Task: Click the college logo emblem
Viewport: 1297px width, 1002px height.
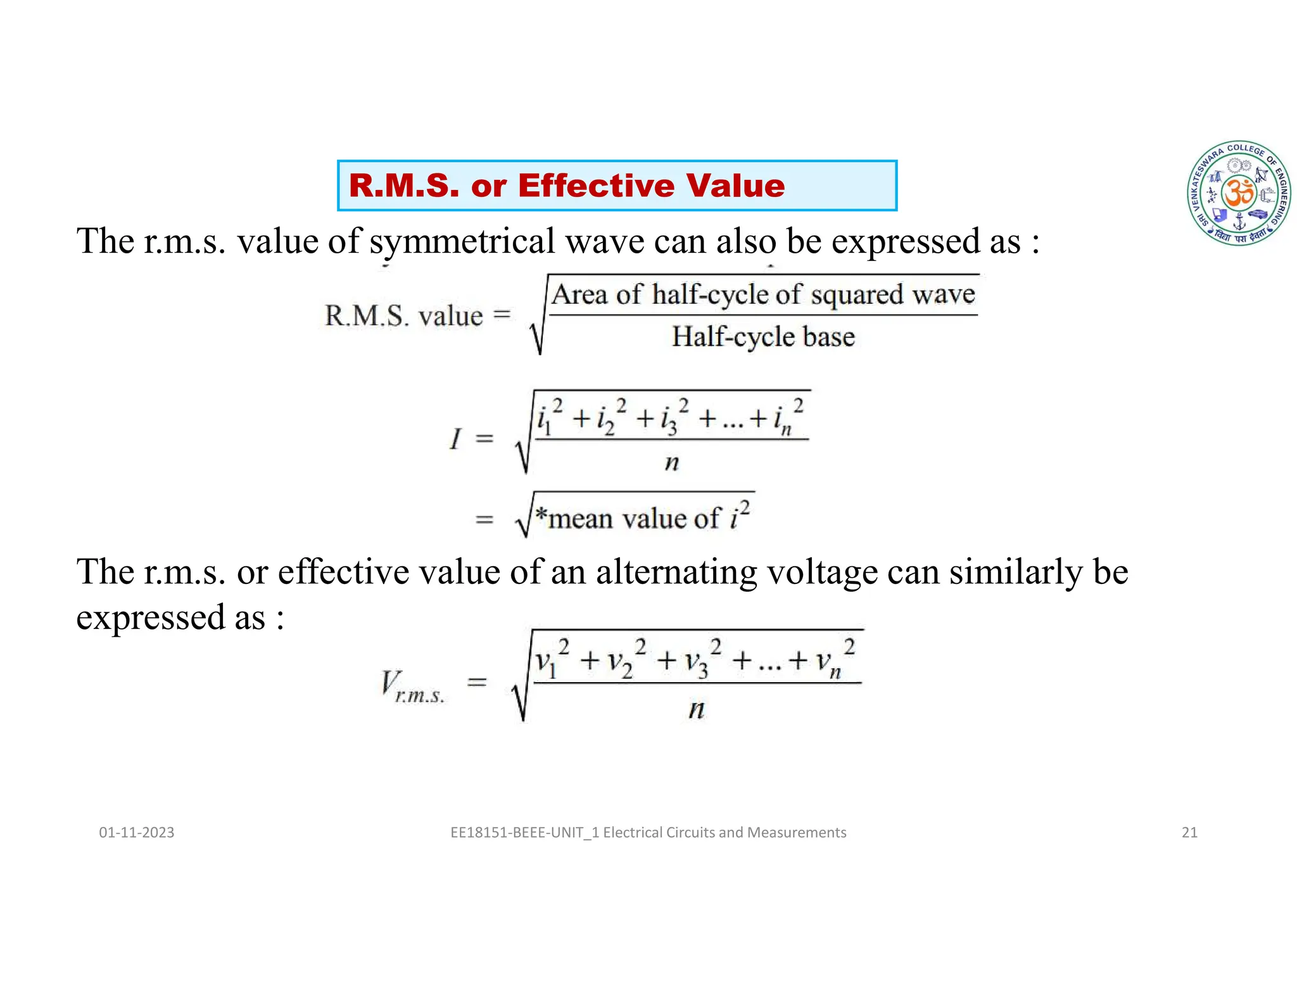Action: click(1239, 193)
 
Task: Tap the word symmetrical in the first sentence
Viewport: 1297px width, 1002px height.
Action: click(463, 242)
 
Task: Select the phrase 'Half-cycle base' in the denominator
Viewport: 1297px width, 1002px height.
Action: click(763, 336)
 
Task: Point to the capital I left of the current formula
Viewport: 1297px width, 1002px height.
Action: click(455, 438)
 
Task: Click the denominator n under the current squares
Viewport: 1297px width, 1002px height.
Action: click(672, 463)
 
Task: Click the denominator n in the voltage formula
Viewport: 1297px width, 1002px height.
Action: click(697, 709)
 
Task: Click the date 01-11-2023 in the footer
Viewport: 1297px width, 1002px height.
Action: click(137, 832)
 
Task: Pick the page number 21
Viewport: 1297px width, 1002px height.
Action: click(1189, 832)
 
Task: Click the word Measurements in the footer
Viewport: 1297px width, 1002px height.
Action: click(797, 832)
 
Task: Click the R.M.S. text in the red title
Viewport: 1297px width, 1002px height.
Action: click(403, 186)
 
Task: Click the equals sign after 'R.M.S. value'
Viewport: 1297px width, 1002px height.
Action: click(502, 314)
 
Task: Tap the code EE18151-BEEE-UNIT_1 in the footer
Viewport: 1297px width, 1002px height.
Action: click(525, 832)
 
